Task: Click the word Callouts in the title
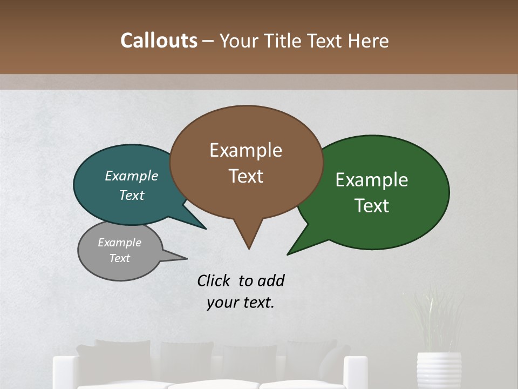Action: coord(159,41)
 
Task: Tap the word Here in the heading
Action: coord(367,41)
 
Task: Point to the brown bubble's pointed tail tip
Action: coord(249,249)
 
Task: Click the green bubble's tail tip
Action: coord(288,254)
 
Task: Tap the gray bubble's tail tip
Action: coord(186,258)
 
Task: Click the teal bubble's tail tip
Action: coord(206,229)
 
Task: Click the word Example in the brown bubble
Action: coord(246,150)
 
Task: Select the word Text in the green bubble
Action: coord(372,206)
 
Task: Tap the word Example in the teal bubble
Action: coord(132,176)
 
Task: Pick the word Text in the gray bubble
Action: coord(119,258)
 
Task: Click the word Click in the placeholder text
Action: coord(214,280)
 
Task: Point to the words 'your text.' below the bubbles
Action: coord(240,303)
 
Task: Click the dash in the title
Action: coord(208,41)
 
